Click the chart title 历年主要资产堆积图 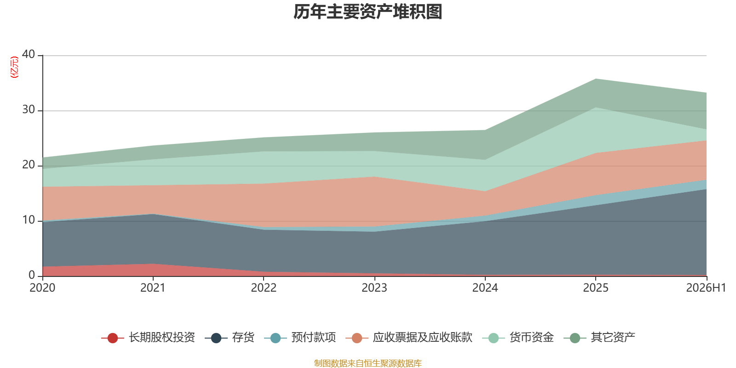pos(368,12)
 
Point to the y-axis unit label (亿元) pos(14,67)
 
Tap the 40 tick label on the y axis pos(29,54)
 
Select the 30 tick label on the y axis pos(29,109)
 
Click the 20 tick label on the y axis pos(29,165)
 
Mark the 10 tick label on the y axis pos(29,220)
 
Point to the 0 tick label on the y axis pos(32,275)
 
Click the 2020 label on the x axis pos(42,288)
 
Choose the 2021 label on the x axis pos(153,288)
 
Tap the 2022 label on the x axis pos(264,288)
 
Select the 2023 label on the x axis pos(374,288)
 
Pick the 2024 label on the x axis pos(485,288)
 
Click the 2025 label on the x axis pos(596,288)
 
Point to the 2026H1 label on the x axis pos(706,288)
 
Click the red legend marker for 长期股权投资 pos(113,338)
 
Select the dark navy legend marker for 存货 pos(216,338)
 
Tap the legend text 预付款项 pos(313,338)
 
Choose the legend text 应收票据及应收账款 pos(423,338)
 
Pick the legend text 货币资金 pos(532,338)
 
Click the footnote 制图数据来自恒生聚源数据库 pos(368,363)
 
